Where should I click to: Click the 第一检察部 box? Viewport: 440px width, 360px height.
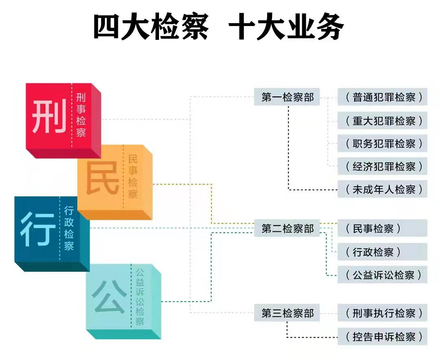(x=288, y=98)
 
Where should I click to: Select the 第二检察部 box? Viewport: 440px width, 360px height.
(x=288, y=229)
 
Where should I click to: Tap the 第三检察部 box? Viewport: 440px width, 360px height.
(x=288, y=313)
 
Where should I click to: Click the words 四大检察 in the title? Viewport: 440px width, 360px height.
(x=151, y=27)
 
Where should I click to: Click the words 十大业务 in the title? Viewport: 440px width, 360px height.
(x=287, y=27)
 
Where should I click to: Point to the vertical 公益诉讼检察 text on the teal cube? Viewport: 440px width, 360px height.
(x=140, y=296)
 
